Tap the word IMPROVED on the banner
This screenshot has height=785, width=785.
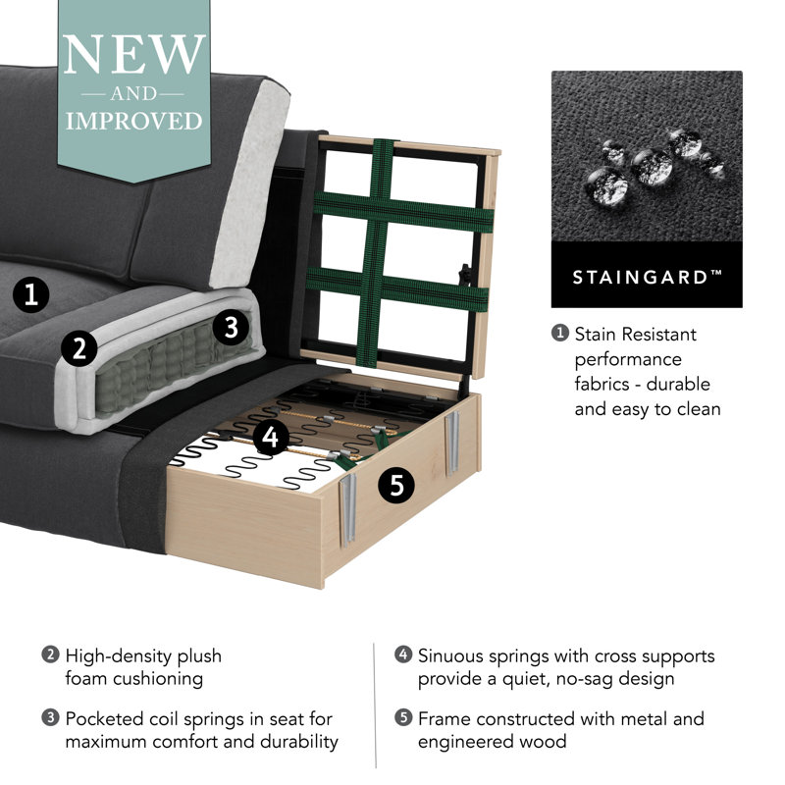pyautogui.click(x=134, y=121)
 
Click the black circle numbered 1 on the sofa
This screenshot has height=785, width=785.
pyautogui.click(x=31, y=294)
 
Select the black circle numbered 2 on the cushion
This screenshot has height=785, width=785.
pyautogui.click(x=79, y=348)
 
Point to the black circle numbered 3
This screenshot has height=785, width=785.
pyautogui.click(x=231, y=328)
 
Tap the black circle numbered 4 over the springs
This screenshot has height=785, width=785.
pyautogui.click(x=271, y=437)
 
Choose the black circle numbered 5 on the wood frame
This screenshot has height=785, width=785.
pyautogui.click(x=396, y=485)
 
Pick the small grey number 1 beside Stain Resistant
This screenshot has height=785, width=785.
pyautogui.click(x=560, y=334)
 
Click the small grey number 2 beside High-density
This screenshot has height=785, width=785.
pyautogui.click(x=50, y=654)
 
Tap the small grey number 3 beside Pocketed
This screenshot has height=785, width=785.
pyautogui.click(x=50, y=718)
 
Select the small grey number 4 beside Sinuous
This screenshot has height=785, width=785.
pyautogui.click(x=403, y=654)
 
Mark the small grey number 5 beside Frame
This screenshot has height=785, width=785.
pyautogui.click(x=403, y=718)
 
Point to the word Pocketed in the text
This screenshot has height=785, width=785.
pyautogui.click(x=104, y=719)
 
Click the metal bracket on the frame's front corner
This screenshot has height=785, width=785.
pyautogui.click(x=348, y=508)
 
